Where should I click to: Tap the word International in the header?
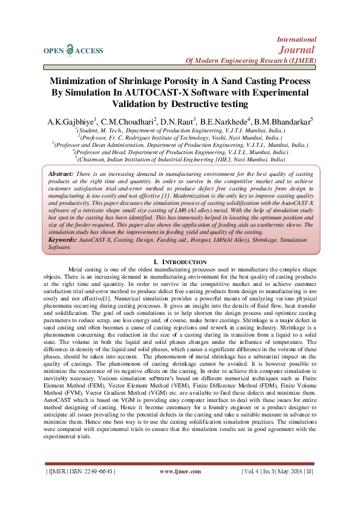coord(296,39)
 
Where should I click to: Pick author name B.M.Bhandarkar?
coord(282,122)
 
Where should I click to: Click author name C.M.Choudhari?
coord(128,122)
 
